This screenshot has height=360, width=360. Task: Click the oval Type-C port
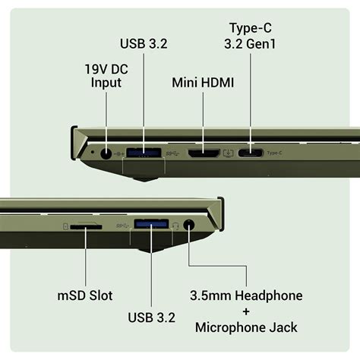tap(251, 153)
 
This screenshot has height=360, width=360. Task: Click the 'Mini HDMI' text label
tap(202, 79)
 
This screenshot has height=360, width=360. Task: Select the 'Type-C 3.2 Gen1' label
tap(251, 36)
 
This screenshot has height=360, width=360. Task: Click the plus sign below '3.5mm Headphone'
tap(247, 311)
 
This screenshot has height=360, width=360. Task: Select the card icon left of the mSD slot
tap(66, 226)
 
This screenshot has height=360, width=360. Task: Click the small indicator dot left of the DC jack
tap(93, 153)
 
